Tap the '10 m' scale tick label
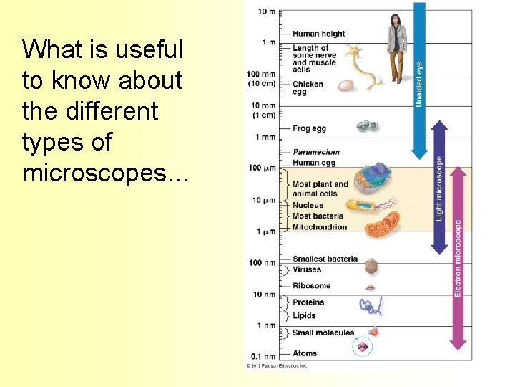(x=266, y=11)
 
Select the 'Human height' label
(x=318, y=34)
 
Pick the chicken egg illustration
(x=346, y=86)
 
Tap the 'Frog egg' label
(x=309, y=128)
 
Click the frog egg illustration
(x=368, y=126)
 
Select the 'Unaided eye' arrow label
(x=419, y=85)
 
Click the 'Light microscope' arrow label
(x=439, y=188)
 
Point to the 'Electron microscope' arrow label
(x=458, y=258)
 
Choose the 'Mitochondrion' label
(x=319, y=227)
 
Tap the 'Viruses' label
(x=307, y=269)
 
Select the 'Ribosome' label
(x=311, y=285)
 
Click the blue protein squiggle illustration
(x=371, y=306)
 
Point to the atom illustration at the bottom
(x=363, y=348)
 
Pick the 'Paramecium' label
(x=315, y=152)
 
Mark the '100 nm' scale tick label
(x=262, y=263)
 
